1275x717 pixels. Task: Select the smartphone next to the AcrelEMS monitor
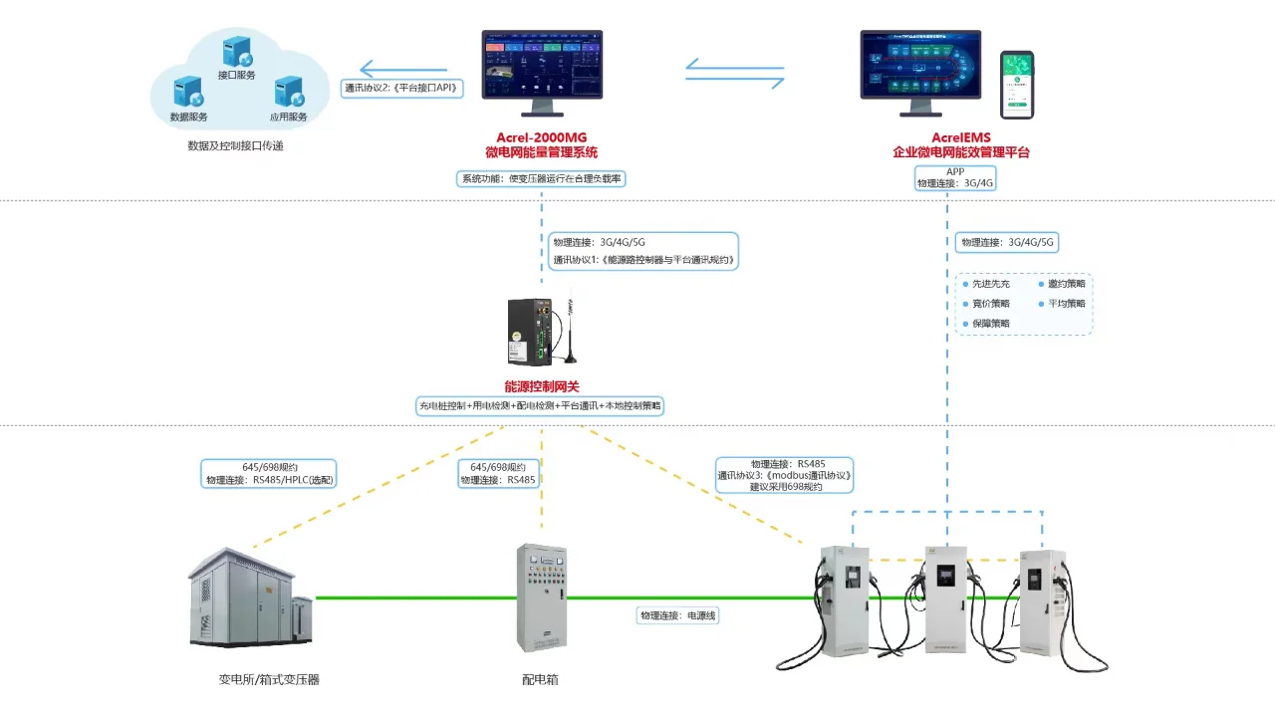(1017, 85)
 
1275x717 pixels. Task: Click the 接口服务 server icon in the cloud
(236, 52)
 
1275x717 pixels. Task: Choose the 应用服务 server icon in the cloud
(289, 93)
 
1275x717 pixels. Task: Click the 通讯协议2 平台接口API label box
(400, 88)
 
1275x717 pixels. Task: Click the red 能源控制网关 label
(541, 386)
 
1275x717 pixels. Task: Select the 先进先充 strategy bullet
(986, 285)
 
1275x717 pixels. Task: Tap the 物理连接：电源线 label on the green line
(678, 616)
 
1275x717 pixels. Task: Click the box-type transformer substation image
(251, 598)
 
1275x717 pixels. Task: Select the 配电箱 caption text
(540, 680)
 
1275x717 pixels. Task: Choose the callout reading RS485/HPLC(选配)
(269, 473)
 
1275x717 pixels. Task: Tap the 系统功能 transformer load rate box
(542, 179)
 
